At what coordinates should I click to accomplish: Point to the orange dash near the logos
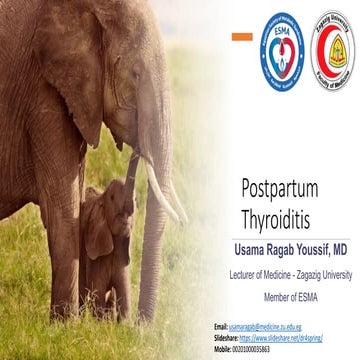[240, 37]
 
